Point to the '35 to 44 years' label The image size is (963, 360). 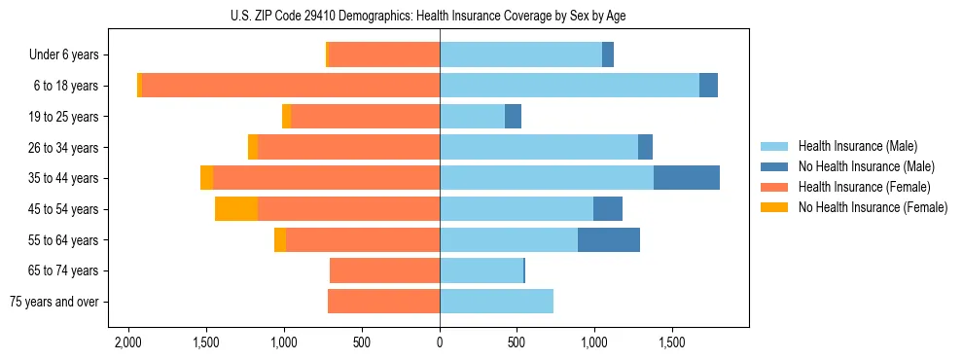click(61, 178)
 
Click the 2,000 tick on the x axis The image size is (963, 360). click(128, 343)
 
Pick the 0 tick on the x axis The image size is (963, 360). click(440, 343)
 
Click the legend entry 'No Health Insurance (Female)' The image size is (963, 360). click(873, 207)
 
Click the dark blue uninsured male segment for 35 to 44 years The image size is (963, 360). click(687, 178)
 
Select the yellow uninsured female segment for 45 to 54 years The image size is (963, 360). click(236, 209)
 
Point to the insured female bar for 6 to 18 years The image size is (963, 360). click(291, 86)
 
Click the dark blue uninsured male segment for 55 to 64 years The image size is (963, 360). click(609, 239)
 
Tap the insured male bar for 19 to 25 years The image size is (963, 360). click(472, 117)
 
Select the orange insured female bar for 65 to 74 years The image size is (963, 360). click(384, 270)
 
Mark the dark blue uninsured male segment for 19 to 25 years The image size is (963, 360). click(513, 117)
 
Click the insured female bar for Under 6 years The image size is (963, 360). click(384, 54)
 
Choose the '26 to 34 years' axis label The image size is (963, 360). click(61, 147)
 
